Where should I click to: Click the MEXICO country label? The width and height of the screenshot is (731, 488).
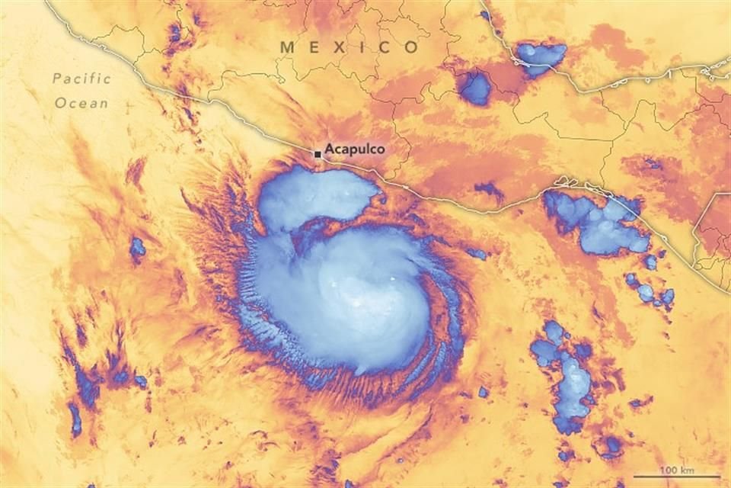[350, 47]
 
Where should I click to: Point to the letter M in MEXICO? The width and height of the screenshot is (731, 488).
[288, 47]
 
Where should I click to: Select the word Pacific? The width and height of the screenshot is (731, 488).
[82, 79]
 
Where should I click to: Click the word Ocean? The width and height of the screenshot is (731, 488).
[81, 102]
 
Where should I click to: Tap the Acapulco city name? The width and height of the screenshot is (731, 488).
[354, 149]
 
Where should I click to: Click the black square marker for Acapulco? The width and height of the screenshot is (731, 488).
[318, 154]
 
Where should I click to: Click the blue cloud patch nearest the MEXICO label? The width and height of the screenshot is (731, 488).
[476, 88]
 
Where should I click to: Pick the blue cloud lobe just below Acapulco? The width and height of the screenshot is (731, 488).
[312, 198]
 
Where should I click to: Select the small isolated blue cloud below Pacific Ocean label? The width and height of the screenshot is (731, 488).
[137, 247]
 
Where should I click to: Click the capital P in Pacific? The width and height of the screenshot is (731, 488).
[58, 79]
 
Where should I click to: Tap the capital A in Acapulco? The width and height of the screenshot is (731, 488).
[329, 149]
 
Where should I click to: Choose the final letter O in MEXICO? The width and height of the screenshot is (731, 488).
[411, 47]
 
